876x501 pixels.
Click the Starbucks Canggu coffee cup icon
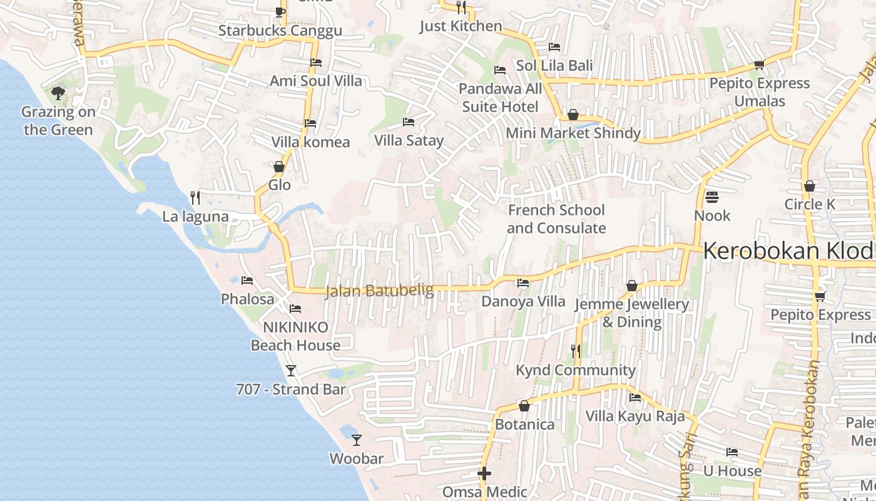click(x=280, y=11)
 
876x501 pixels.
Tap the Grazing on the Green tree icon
click(x=58, y=93)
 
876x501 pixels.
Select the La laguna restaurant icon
click(x=195, y=198)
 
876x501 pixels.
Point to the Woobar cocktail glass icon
click(x=357, y=440)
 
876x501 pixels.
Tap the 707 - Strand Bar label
click(x=291, y=390)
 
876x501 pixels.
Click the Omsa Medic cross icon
click(x=484, y=473)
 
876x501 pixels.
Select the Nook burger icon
click(x=711, y=197)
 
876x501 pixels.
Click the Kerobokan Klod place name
click(x=788, y=251)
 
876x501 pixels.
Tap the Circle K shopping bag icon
click(x=810, y=186)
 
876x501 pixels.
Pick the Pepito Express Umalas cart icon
click(x=760, y=65)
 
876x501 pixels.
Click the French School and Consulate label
click(x=556, y=219)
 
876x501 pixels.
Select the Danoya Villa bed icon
click(x=523, y=283)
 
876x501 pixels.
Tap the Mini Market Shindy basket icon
click(x=573, y=115)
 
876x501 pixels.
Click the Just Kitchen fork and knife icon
click(x=461, y=7)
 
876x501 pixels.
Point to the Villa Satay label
click(x=409, y=140)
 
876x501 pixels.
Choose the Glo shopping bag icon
click(x=279, y=167)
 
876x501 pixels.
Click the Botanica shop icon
click(x=524, y=406)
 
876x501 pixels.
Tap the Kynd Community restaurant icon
click(x=576, y=351)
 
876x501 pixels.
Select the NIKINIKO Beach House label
click(x=295, y=336)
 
